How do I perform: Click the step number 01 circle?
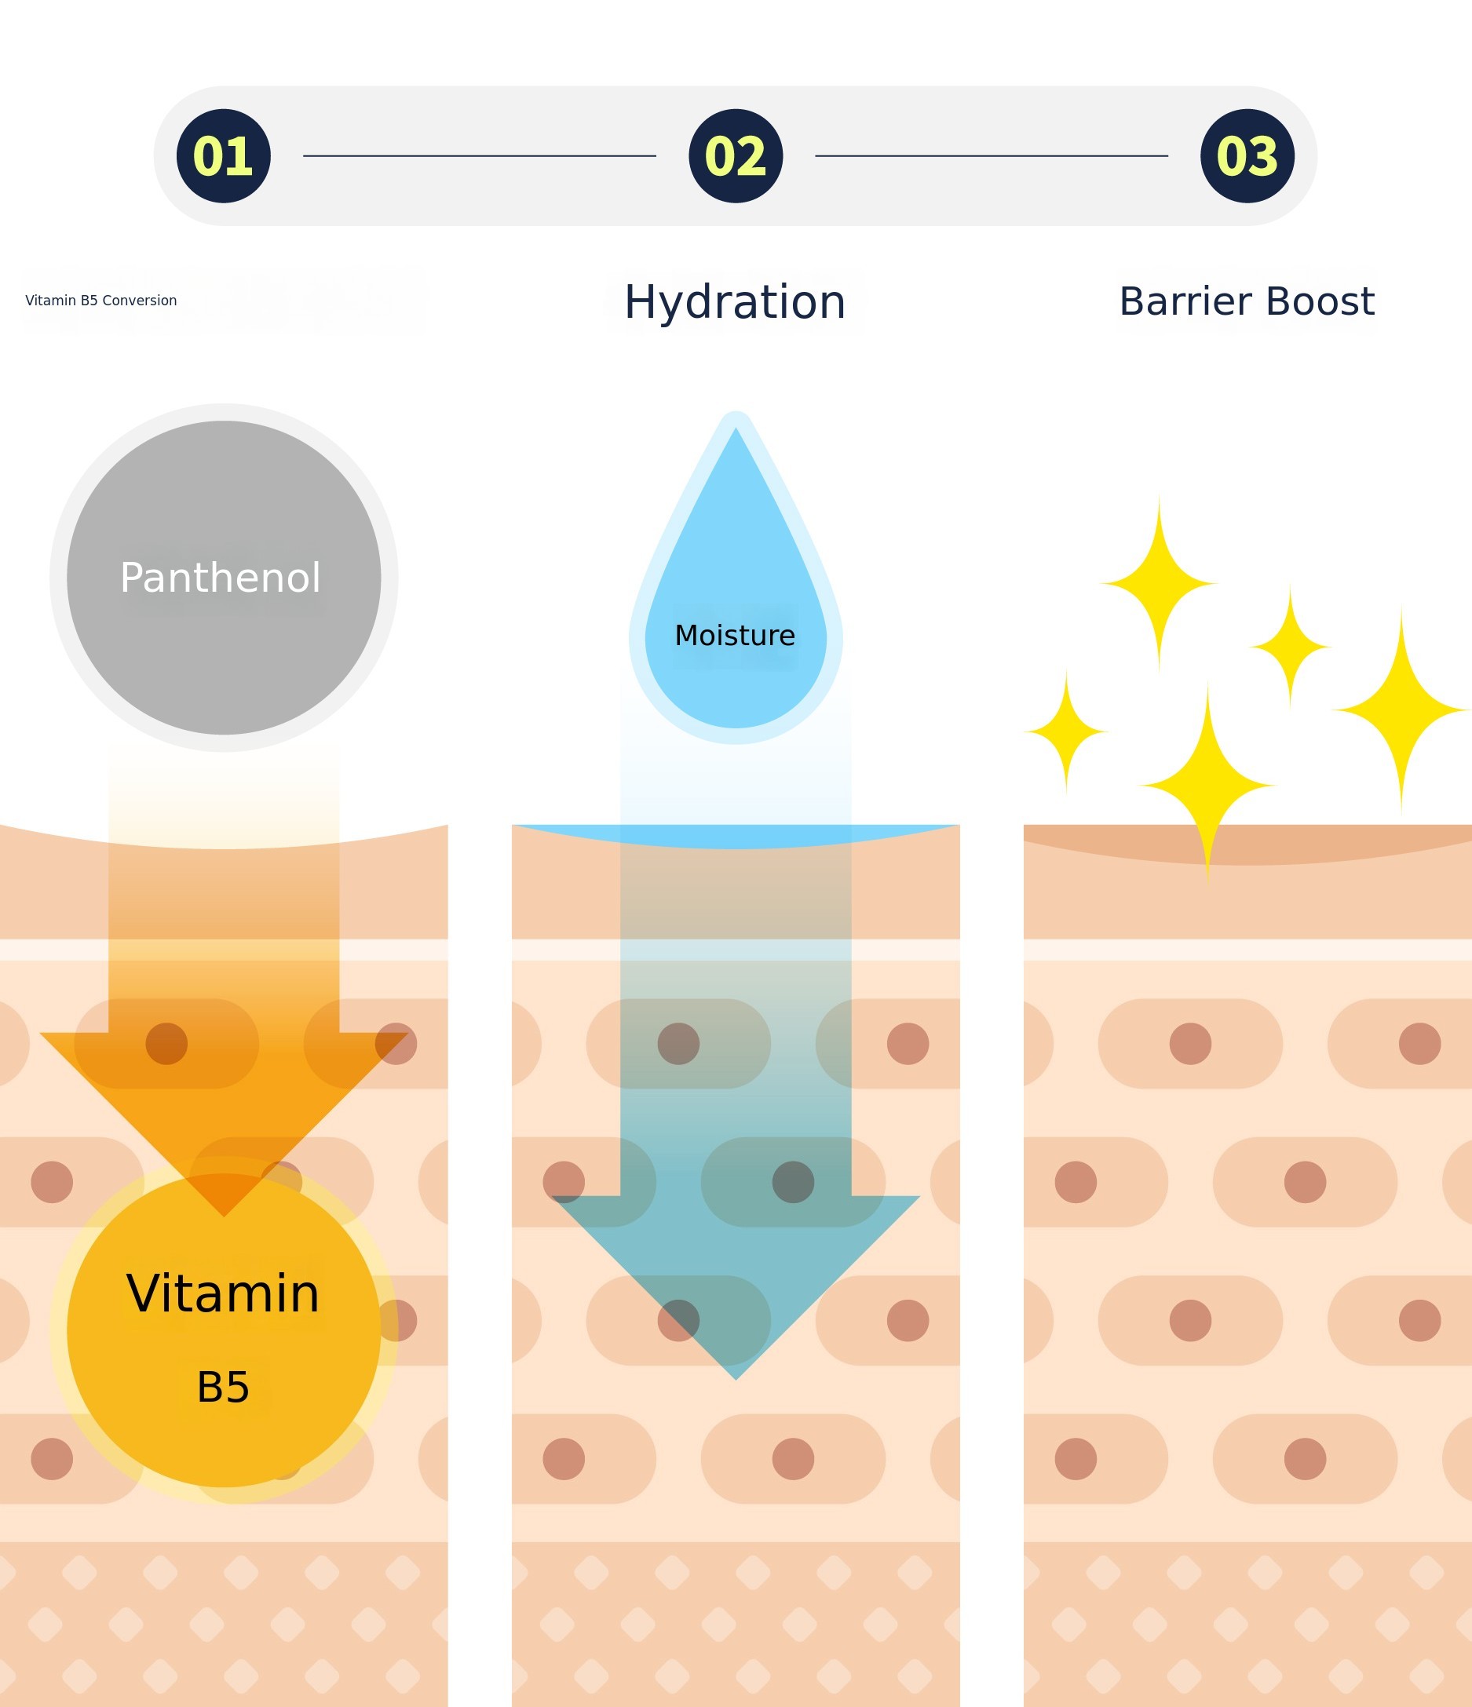pyautogui.click(x=224, y=155)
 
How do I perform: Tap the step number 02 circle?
pyautogui.click(x=735, y=155)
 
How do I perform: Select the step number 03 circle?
pyautogui.click(x=1247, y=155)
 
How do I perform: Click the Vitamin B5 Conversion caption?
pyautogui.click(x=101, y=301)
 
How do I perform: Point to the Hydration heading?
pyautogui.click(x=735, y=302)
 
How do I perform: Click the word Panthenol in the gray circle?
pyautogui.click(x=220, y=578)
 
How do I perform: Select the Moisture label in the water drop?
pyautogui.click(x=735, y=635)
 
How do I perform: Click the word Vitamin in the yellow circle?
pyautogui.click(x=222, y=1293)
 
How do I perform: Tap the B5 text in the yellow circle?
pyautogui.click(x=222, y=1387)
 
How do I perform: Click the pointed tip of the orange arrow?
pyautogui.click(x=224, y=1216)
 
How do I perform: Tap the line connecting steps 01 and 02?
pyautogui.click(x=480, y=155)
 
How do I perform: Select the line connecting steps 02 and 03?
pyautogui.click(x=992, y=155)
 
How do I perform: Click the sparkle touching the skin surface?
pyautogui.click(x=1207, y=785)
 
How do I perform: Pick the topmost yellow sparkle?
pyautogui.click(x=1159, y=583)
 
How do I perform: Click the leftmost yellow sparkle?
pyautogui.click(x=1065, y=731)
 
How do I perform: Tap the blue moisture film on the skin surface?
pyautogui.click(x=735, y=835)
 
